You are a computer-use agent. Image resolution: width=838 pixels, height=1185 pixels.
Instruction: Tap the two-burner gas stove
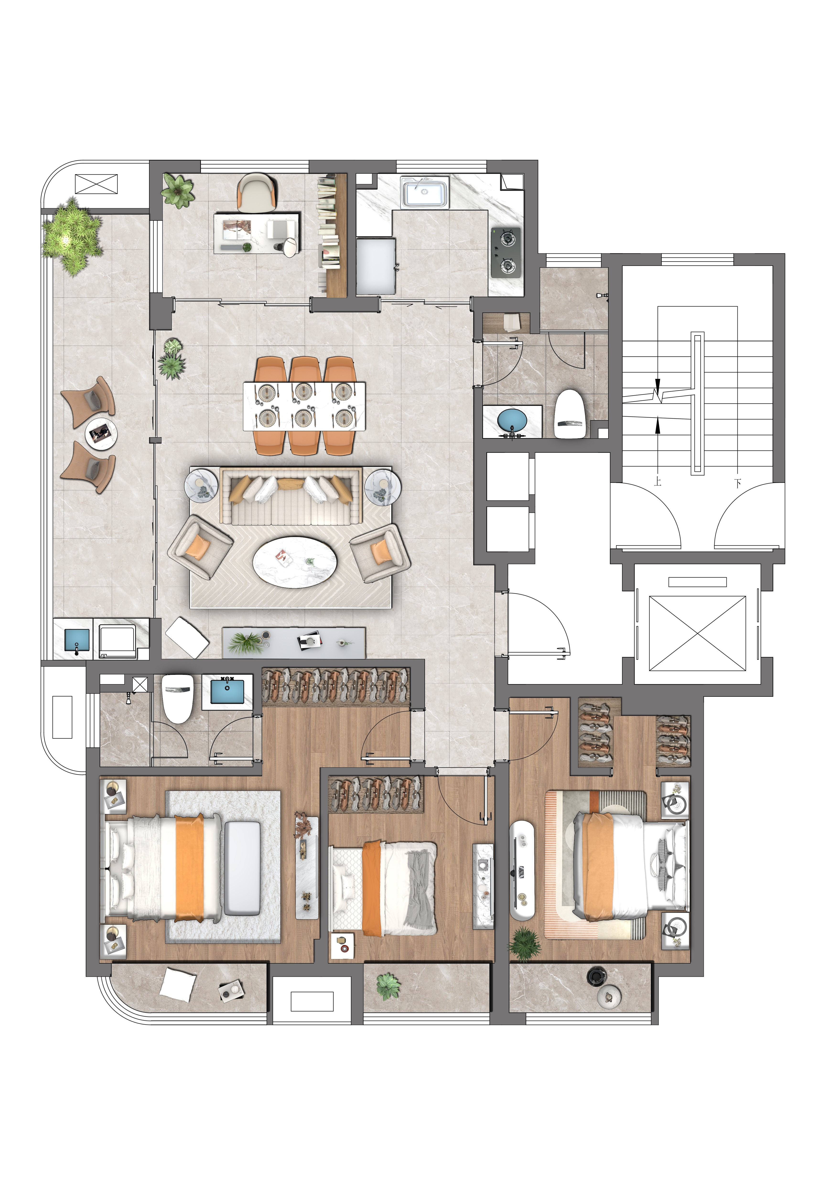click(506, 252)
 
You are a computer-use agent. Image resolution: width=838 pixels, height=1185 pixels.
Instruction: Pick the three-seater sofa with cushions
click(292, 495)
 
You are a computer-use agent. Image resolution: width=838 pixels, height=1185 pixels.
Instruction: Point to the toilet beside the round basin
click(571, 414)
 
